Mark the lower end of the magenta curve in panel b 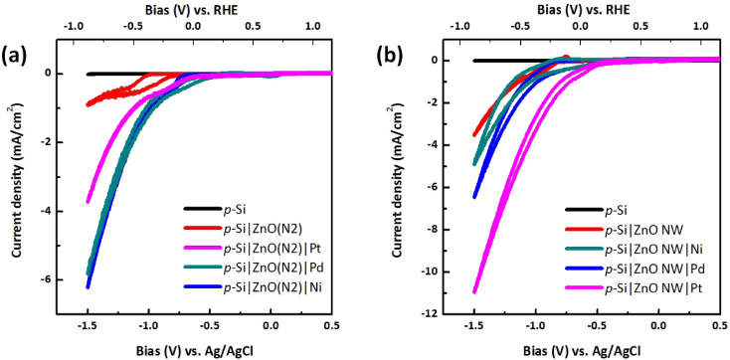[474, 292]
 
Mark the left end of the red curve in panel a [89, 103]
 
